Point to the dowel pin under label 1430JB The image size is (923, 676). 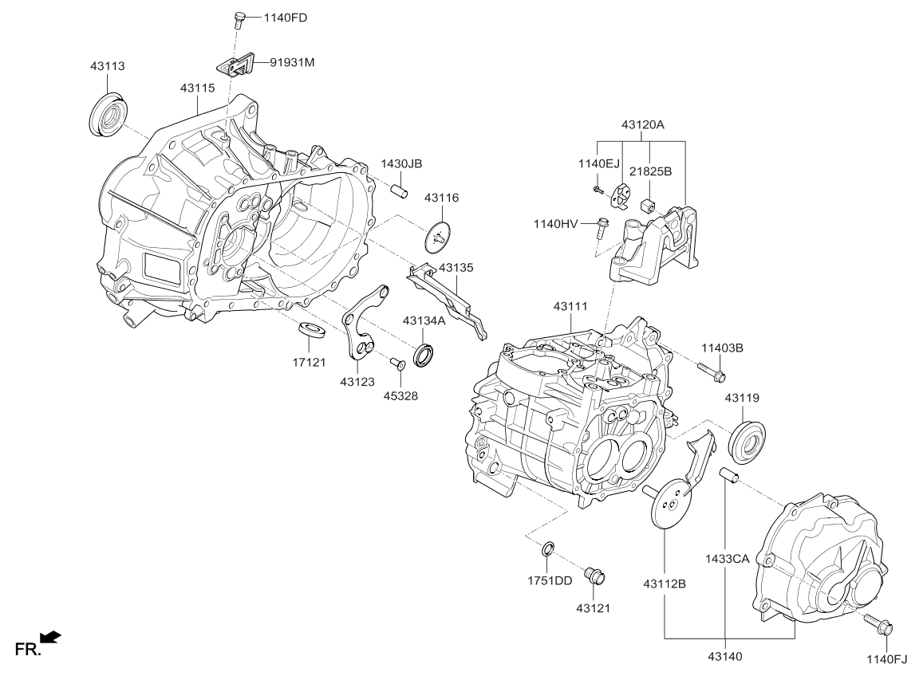coord(400,191)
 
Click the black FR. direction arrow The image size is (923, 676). coord(50,635)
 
